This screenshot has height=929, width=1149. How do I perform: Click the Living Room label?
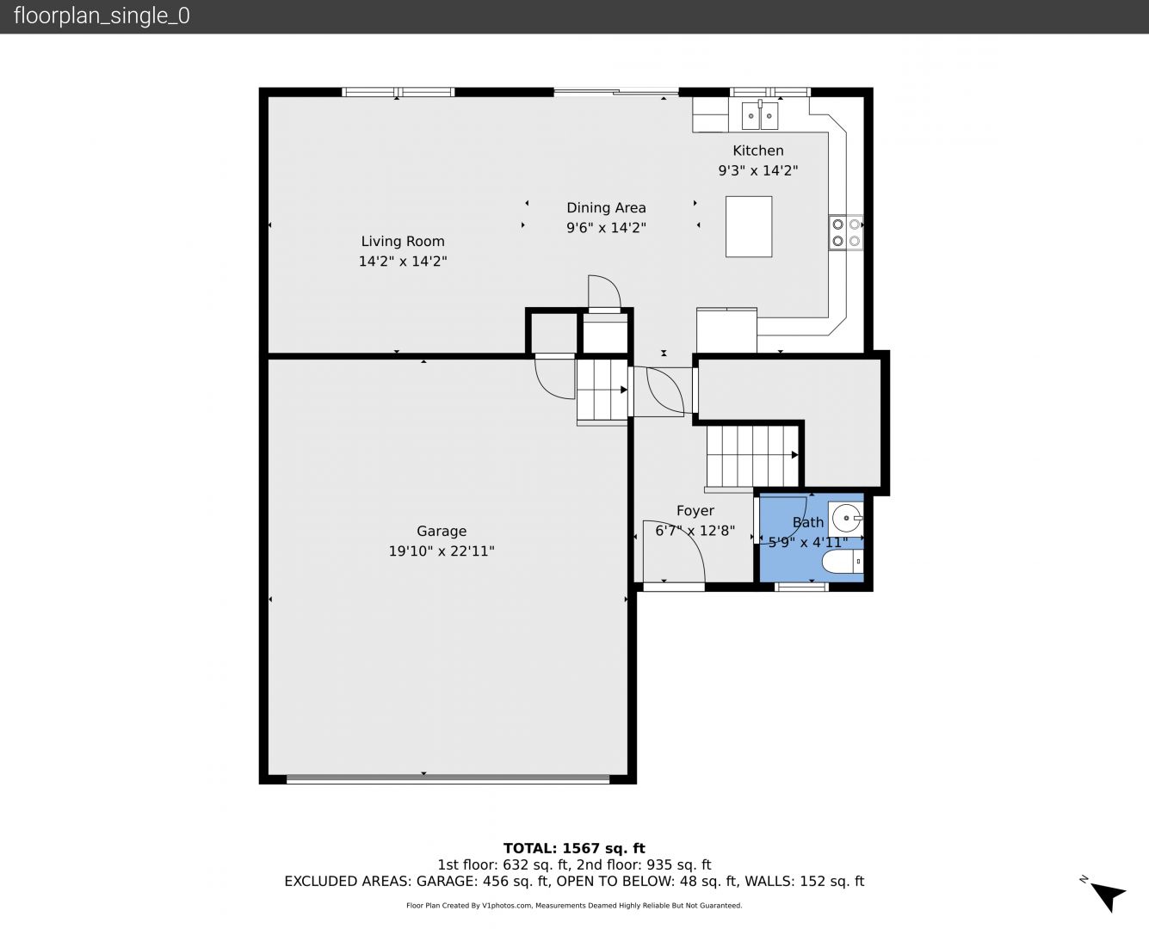403,241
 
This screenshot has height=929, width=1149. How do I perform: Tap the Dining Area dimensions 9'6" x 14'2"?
606,228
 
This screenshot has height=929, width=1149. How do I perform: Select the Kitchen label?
758,151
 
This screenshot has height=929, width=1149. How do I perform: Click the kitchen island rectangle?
749,226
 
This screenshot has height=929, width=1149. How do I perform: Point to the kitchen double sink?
760,115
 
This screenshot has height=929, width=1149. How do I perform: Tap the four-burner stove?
846,232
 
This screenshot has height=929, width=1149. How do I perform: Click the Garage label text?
442,531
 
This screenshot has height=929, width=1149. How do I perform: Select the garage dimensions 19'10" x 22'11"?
442,551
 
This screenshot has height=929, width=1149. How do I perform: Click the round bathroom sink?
846,518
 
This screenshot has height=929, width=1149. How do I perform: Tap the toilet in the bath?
843,562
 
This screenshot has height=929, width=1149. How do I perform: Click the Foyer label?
695,511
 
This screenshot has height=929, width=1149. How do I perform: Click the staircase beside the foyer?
752,456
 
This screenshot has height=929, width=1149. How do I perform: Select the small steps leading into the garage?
602,390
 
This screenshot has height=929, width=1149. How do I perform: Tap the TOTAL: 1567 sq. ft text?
574,849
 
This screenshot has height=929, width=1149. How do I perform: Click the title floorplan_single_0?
102,16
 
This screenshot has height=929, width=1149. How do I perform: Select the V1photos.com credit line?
574,906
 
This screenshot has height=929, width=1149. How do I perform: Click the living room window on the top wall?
398,92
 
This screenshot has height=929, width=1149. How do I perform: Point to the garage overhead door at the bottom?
448,779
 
